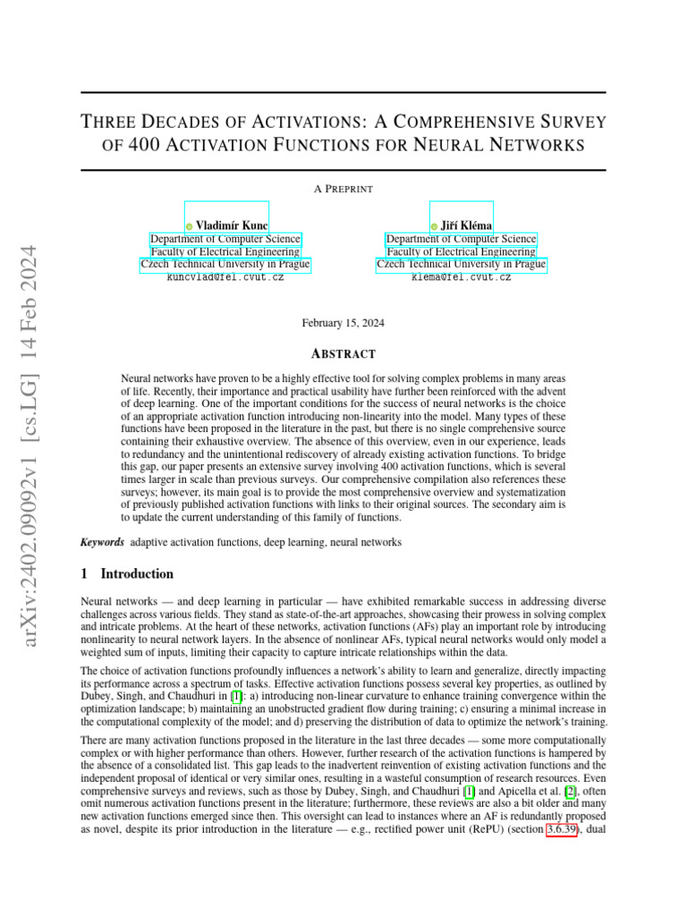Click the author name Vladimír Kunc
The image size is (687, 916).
[x=232, y=225]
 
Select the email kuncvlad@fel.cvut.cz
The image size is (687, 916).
[x=225, y=278]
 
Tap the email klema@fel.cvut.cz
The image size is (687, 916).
[x=461, y=278]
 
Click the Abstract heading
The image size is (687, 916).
[x=343, y=354]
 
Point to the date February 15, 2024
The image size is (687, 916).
[x=343, y=323]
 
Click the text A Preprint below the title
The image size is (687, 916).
[x=343, y=189]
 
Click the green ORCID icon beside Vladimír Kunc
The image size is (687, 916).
[x=189, y=226]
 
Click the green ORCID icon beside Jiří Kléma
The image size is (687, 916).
[x=434, y=226]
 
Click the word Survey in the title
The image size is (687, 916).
[x=570, y=121]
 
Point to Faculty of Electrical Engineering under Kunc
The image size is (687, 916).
[x=225, y=252]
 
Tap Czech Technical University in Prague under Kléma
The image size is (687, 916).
[x=461, y=265]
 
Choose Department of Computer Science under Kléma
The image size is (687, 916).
[x=461, y=239]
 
